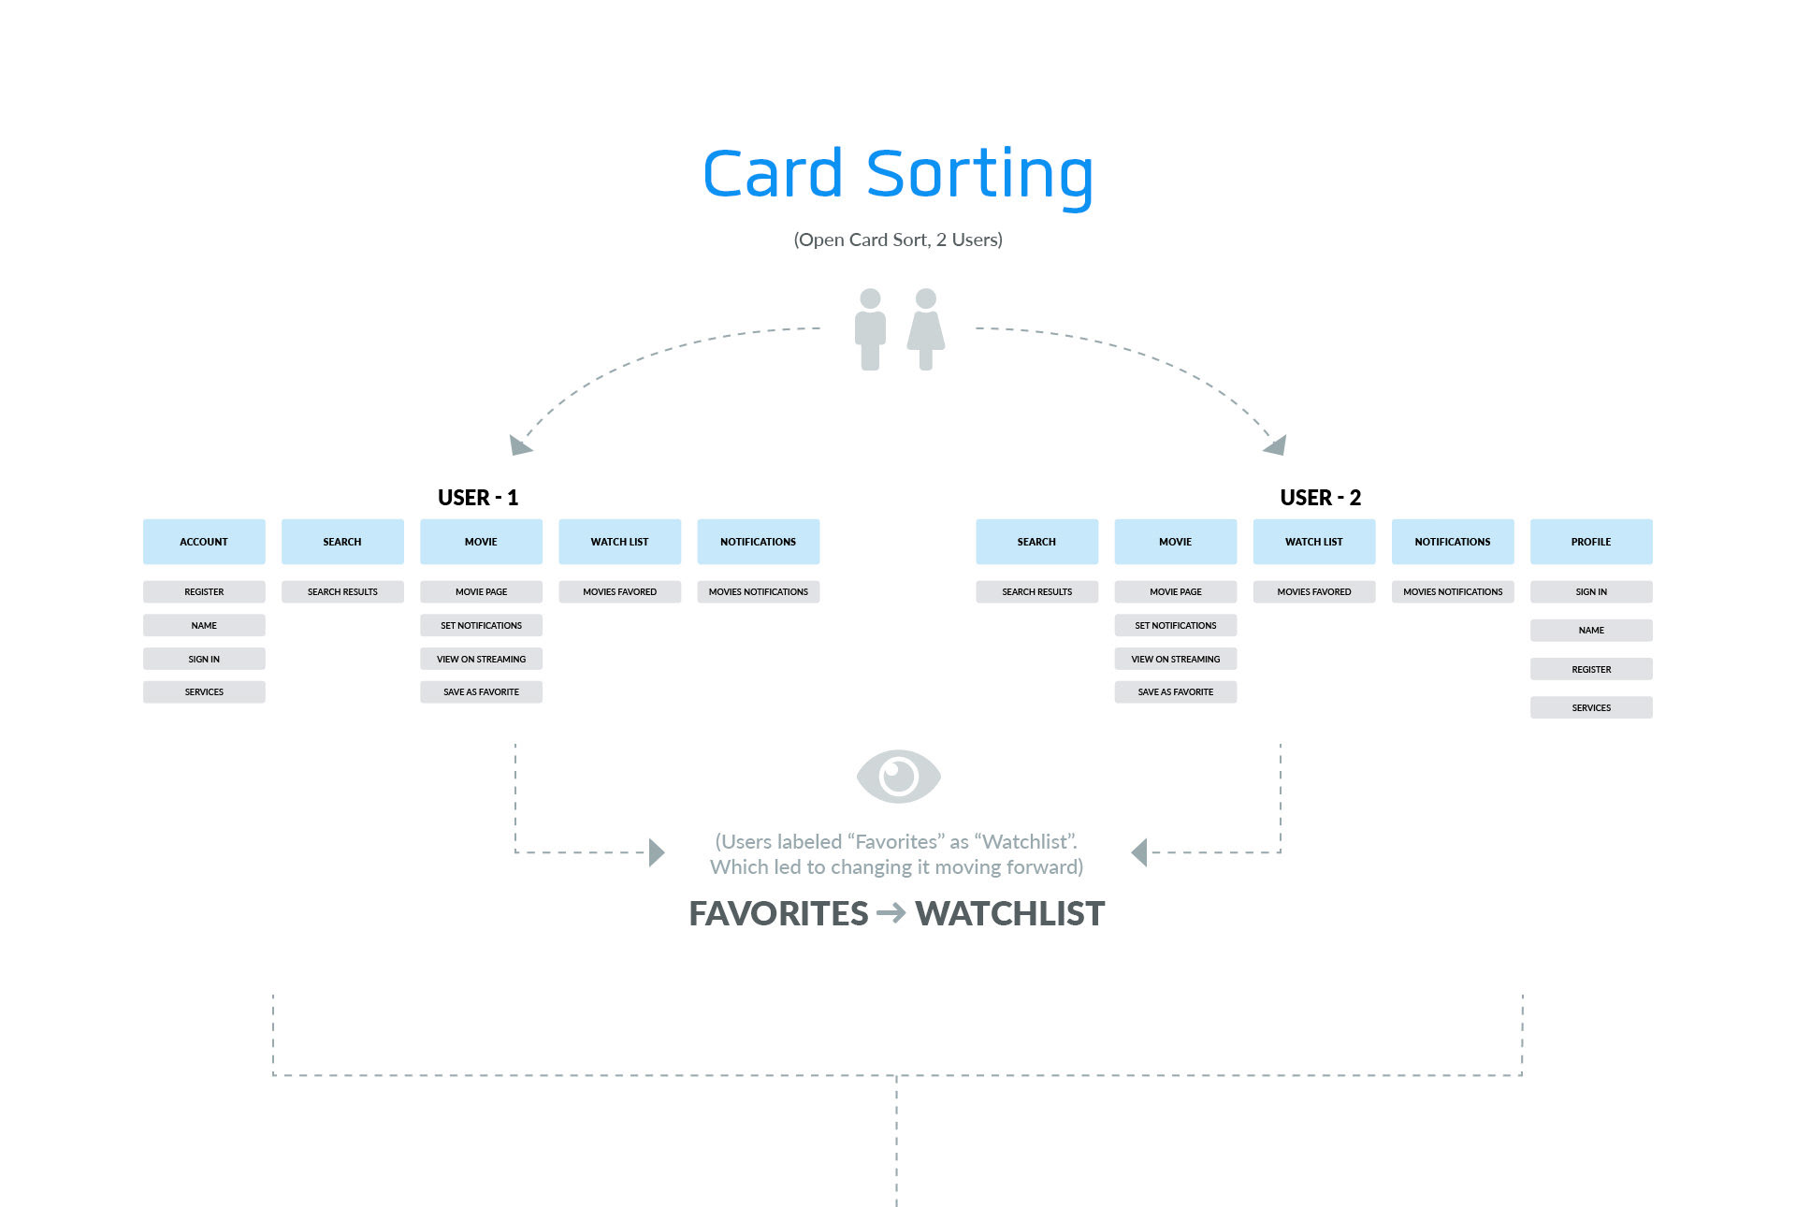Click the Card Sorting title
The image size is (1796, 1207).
(x=897, y=174)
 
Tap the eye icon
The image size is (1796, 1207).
(x=898, y=776)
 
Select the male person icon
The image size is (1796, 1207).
(x=870, y=329)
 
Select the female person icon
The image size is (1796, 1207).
(x=926, y=329)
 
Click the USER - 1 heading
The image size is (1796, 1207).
(x=477, y=498)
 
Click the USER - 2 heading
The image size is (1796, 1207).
(x=1320, y=498)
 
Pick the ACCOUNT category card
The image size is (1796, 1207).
(x=204, y=542)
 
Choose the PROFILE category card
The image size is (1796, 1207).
(x=1590, y=542)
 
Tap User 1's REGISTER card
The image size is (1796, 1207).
(x=204, y=592)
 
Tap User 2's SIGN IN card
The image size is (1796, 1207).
(x=1590, y=592)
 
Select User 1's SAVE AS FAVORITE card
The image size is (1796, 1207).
(x=481, y=692)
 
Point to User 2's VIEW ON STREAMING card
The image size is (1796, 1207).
(x=1175, y=660)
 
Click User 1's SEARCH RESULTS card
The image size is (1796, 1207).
(x=342, y=592)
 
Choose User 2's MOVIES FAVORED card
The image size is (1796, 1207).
(x=1313, y=592)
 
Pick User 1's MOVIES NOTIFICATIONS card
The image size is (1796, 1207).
(x=758, y=592)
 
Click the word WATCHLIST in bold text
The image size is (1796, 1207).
(x=1009, y=914)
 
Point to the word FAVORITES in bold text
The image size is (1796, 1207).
(x=778, y=914)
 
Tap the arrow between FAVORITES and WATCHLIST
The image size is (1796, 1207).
(x=891, y=912)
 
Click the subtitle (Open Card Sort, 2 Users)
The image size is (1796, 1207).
(x=897, y=240)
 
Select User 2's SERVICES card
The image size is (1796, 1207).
(x=1590, y=708)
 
